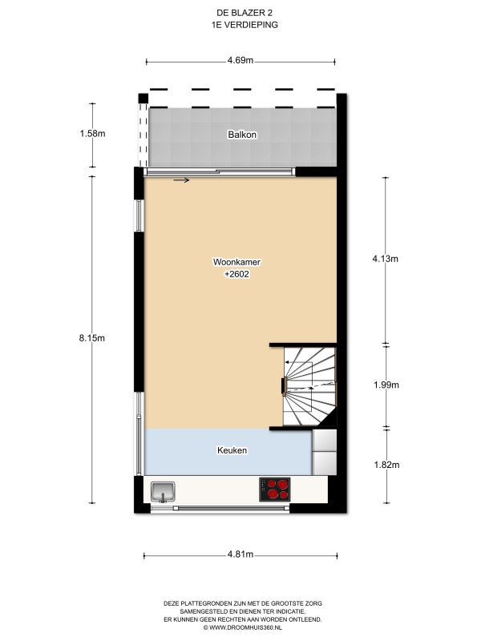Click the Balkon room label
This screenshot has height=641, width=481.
click(x=242, y=135)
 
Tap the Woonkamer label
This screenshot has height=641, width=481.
click(x=236, y=262)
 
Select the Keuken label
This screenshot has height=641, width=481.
click(x=232, y=450)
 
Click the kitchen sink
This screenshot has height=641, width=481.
click(x=164, y=491)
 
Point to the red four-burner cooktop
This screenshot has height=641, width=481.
click(x=275, y=490)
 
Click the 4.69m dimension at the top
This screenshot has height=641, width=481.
click(x=240, y=61)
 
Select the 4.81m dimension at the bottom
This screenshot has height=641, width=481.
click(x=240, y=554)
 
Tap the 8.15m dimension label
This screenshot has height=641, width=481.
click(x=92, y=338)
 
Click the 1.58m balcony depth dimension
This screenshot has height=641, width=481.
click(x=92, y=133)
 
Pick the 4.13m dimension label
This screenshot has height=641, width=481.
click(x=386, y=259)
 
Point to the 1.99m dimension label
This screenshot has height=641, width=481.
click(x=386, y=385)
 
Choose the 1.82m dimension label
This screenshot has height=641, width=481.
click(x=386, y=465)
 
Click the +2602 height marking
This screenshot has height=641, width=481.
click(x=236, y=274)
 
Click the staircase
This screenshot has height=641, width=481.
click(x=310, y=386)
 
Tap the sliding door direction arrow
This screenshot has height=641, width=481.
click(x=181, y=179)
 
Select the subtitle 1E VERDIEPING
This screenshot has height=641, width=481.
click(x=245, y=25)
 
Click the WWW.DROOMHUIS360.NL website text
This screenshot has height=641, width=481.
click(x=243, y=627)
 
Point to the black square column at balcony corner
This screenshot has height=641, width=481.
click(x=143, y=99)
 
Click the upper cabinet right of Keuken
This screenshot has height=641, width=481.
click(x=325, y=440)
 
